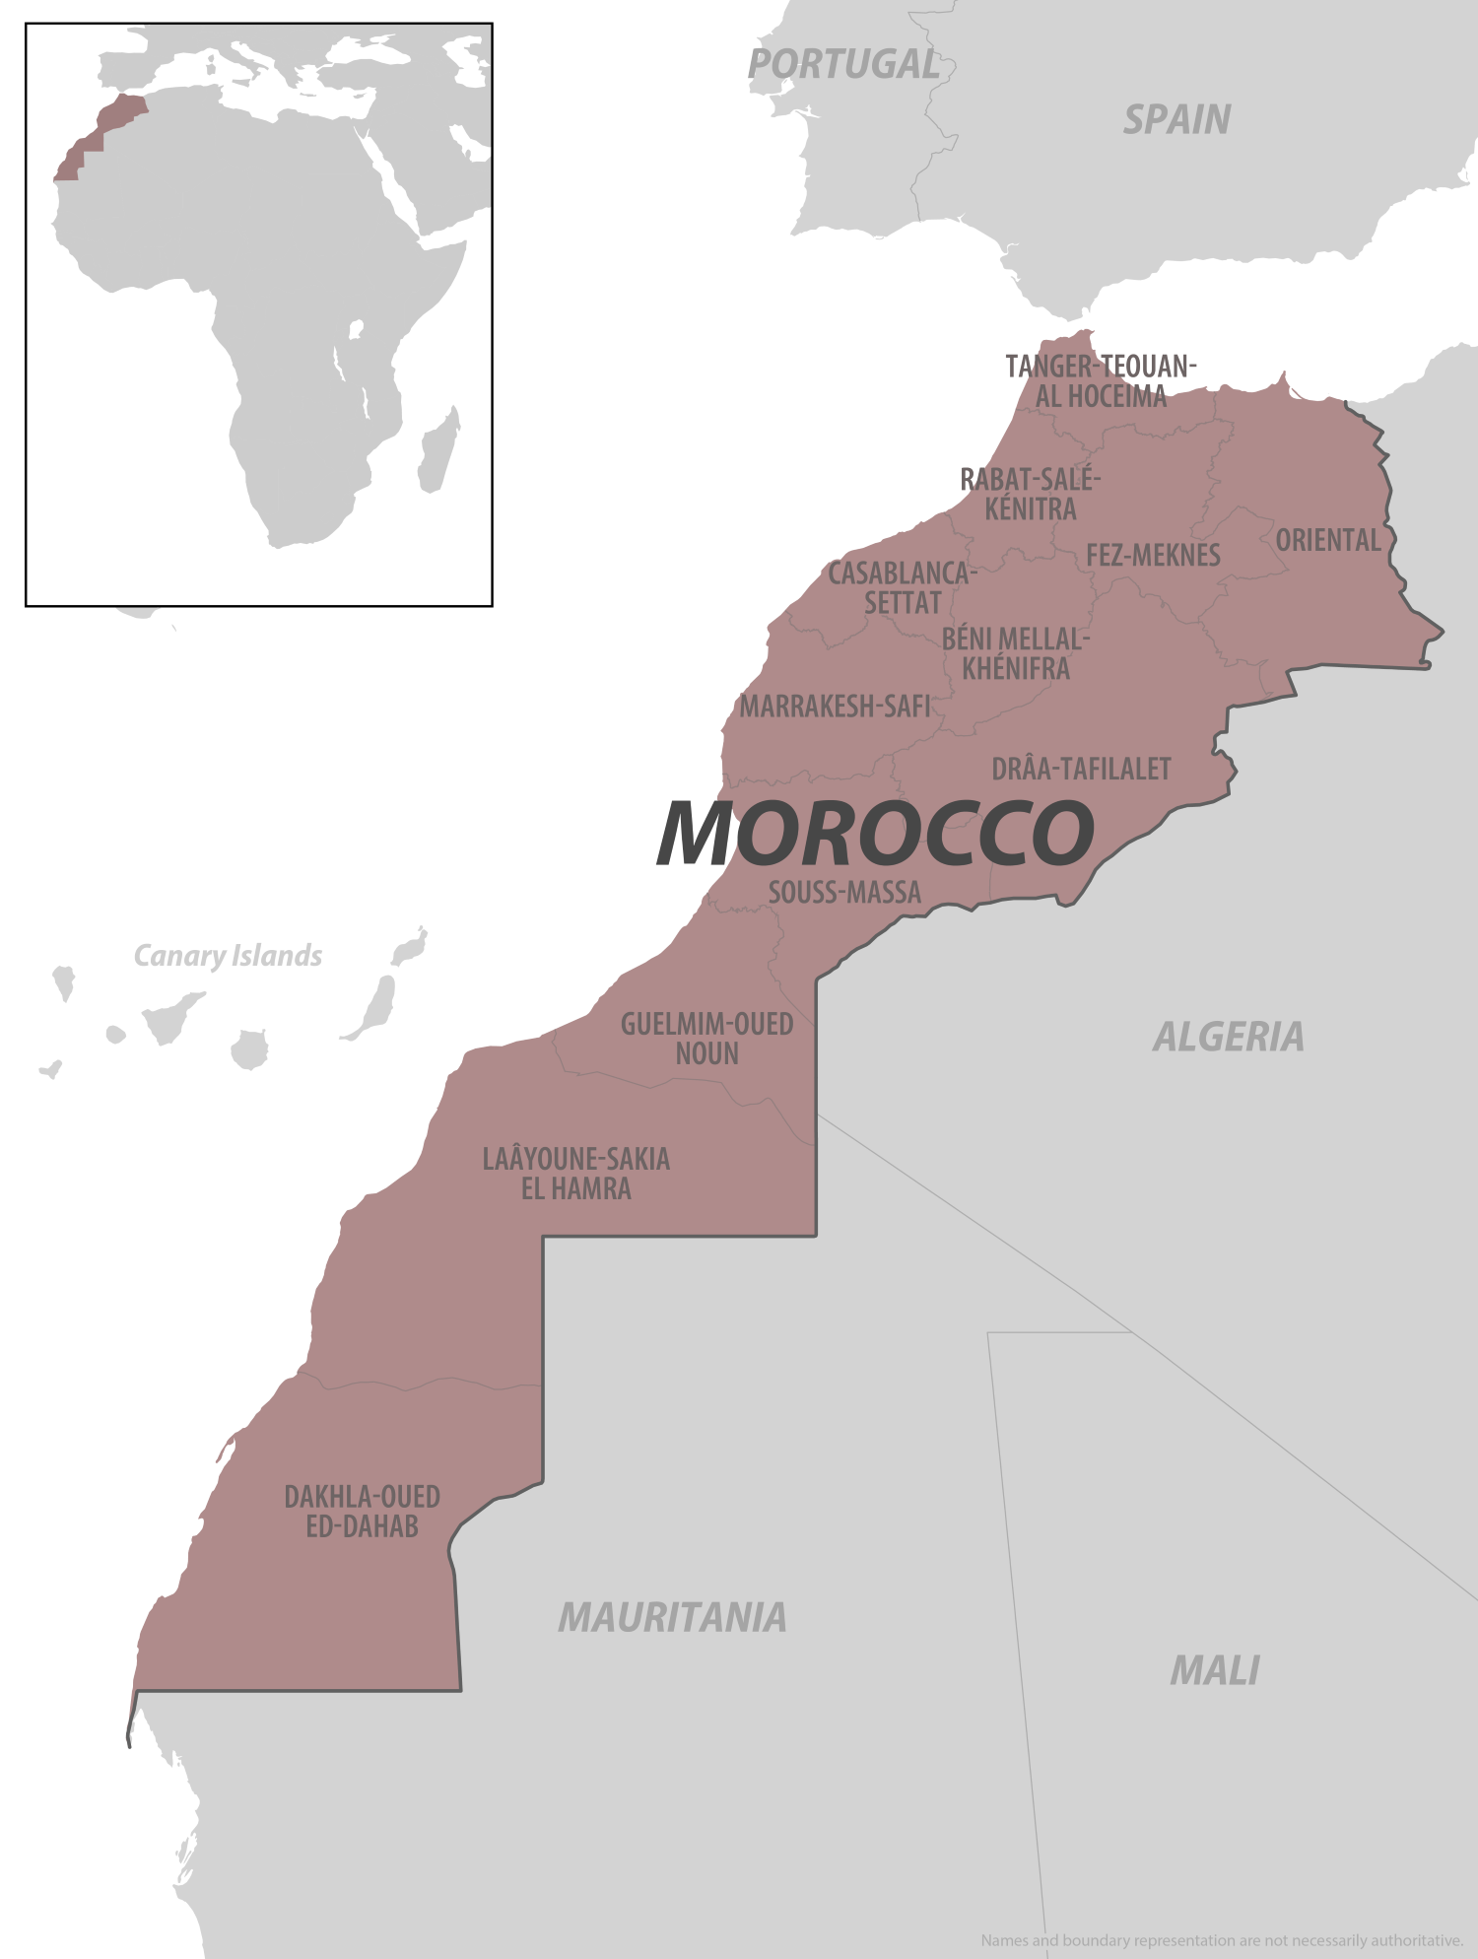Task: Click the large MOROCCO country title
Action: click(x=875, y=834)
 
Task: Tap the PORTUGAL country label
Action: click(x=843, y=65)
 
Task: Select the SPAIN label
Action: click(x=1176, y=120)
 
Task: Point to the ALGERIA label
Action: click(x=1228, y=1037)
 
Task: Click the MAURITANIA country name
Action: click(x=672, y=1617)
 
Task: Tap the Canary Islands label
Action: click(x=228, y=956)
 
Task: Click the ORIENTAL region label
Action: click(x=1328, y=540)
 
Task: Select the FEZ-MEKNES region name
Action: click(x=1153, y=556)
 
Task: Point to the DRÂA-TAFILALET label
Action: click(x=1081, y=769)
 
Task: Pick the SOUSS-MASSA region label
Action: click(x=844, y=893)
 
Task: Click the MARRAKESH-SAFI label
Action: click(x=835, y=707)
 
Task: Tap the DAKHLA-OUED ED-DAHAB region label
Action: click(x=362, y=1512)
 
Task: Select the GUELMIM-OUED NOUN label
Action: click(x=706, y=1039)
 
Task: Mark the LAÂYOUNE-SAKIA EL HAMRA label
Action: click(x=575, y=1174)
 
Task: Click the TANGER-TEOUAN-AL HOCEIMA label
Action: click(x=1101, y=381)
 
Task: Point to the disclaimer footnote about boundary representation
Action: click(x=1222, y=1939)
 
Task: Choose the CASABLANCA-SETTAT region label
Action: click(x=902, y=587)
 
